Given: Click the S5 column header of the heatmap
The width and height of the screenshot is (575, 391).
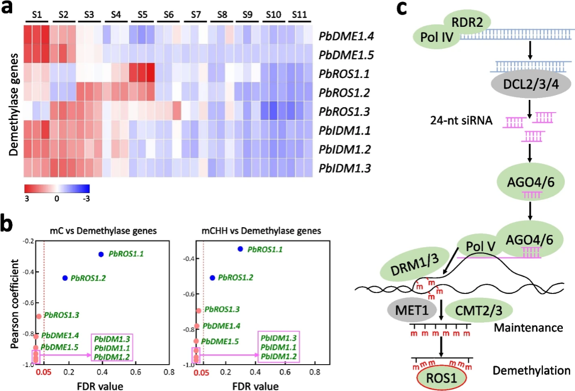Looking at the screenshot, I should (x=142, y=15).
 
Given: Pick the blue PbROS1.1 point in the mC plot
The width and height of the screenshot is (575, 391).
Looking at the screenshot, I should (x=101, y=254).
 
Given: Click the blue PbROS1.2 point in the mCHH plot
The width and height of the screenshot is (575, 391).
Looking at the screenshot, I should (x=212, y=277).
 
